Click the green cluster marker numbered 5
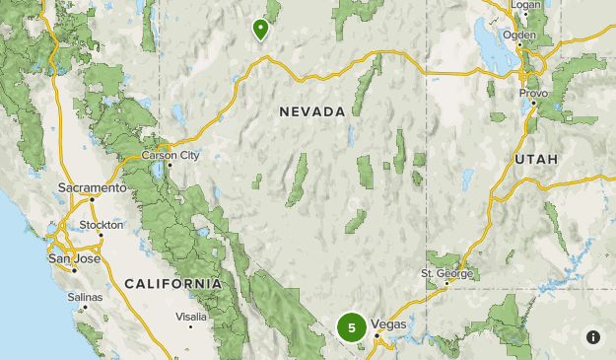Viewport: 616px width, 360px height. coord(351,326)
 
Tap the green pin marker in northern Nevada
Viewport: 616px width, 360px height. coord(260,30)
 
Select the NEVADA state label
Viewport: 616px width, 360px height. coord(312,111)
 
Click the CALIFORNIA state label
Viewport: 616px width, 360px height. coord(173,283)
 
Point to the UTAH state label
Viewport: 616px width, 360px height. coord(536,159)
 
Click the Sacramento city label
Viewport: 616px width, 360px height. coord(92,187)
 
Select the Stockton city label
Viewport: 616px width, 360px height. coord(103,225)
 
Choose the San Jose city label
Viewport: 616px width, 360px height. coord(74,258)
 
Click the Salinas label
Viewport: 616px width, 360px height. coord(85,296)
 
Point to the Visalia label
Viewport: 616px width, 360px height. coord(190,317)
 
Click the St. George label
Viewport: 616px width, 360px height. coord(447,273)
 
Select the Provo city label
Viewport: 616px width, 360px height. coord(533,93)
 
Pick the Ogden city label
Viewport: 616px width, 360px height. coord(519,35)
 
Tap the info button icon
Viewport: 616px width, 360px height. coord(592,336)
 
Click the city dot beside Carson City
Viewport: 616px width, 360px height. coord(169,165)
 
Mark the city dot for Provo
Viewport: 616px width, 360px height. coord(533,103)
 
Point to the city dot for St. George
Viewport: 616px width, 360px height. coord(446,283)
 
